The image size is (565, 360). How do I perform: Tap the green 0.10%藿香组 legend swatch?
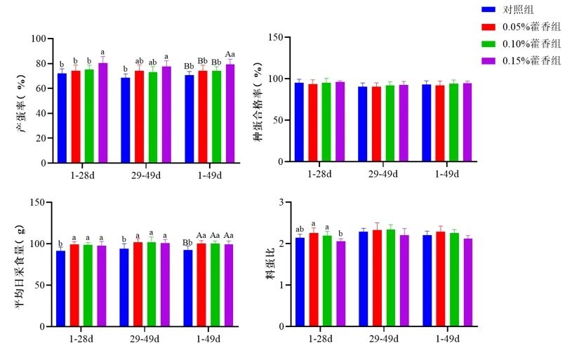(x=489, y=44)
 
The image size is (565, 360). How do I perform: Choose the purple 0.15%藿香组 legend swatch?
(x=489, y=62)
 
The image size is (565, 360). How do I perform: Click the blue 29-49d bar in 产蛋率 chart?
(x=126, y=120)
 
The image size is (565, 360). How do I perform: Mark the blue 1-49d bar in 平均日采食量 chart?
(x=188, y=288)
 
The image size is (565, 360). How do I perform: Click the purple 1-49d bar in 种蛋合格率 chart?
(x=467, y=122)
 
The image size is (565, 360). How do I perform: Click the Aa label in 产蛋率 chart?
(x=230, y=54)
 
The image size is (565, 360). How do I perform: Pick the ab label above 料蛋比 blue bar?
(x=300, y=229)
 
